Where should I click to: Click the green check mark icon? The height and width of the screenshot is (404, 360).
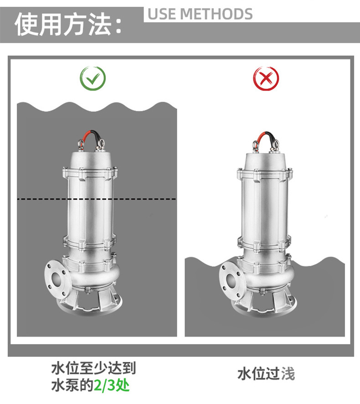click(x=93, y=78)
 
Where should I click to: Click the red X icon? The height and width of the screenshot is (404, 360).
click(x=266, y=78)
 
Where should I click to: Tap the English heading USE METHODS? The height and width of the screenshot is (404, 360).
click(x=200, y=14)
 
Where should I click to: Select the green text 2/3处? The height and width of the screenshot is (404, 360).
click(x=112, y=385)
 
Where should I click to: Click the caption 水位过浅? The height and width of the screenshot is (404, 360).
click(x=266, y=374)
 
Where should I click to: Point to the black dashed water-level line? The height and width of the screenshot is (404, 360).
click(x=97, y=199)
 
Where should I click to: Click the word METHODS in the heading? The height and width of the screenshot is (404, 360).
click(x=216, y=14)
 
